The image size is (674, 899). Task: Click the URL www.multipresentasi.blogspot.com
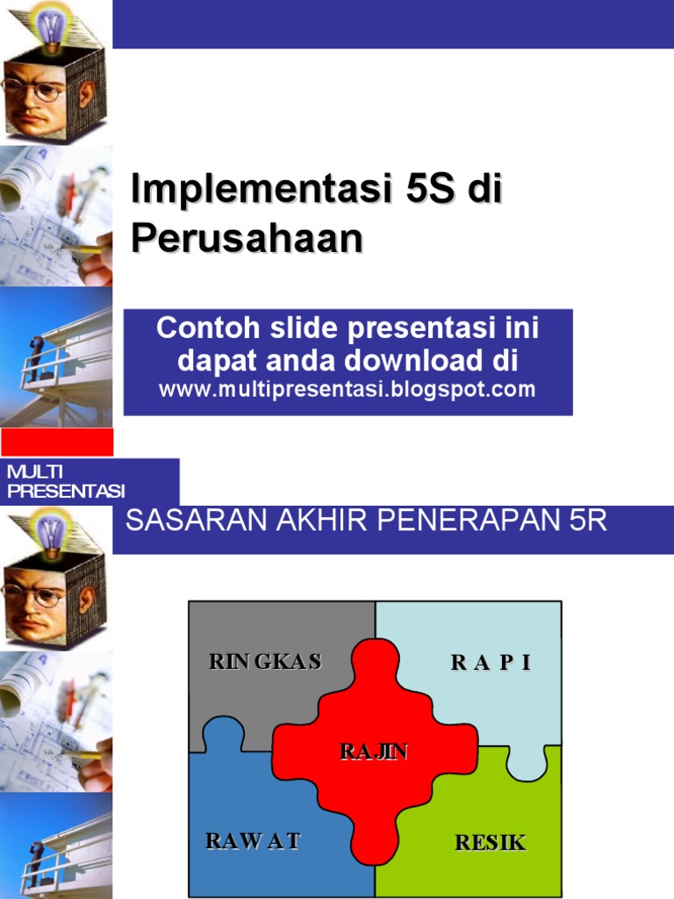coord(347,390)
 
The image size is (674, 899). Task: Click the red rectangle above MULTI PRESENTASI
coord(57,442)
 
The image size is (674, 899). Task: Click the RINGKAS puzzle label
coord(265,662)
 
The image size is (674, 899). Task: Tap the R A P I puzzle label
coord(491,663)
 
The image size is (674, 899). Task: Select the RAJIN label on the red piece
coord(374,752)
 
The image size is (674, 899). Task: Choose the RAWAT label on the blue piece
coord(253,841)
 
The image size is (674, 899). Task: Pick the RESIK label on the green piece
coord(490,844)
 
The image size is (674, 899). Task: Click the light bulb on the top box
coord(50,25)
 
